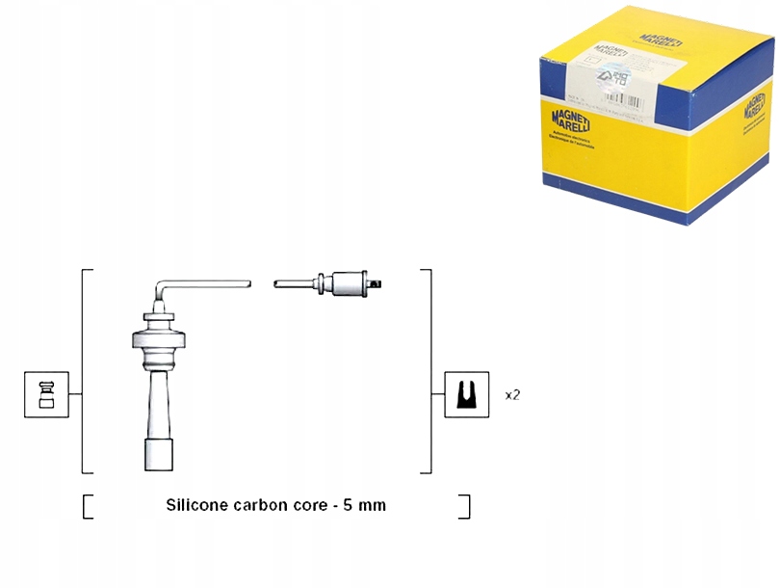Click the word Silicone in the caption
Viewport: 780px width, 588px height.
tap(195, 504)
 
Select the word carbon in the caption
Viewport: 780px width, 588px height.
tap(259, 504)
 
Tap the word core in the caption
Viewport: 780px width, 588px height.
tap(309, 504)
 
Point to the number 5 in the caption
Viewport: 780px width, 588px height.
tap(348, 504)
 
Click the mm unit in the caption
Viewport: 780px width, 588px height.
tap(373, 504)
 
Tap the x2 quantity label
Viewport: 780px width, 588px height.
tap(512, 395)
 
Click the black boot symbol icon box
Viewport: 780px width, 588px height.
tap(467, 394)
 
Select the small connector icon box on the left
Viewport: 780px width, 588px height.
tap(46, 394)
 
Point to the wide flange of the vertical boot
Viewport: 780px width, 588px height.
tap(158, 339)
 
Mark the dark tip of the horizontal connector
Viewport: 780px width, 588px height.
tap(383, 284)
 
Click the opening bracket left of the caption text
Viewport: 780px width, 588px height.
tap(89, 506)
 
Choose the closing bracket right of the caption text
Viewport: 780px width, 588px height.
tap(465, 506)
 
